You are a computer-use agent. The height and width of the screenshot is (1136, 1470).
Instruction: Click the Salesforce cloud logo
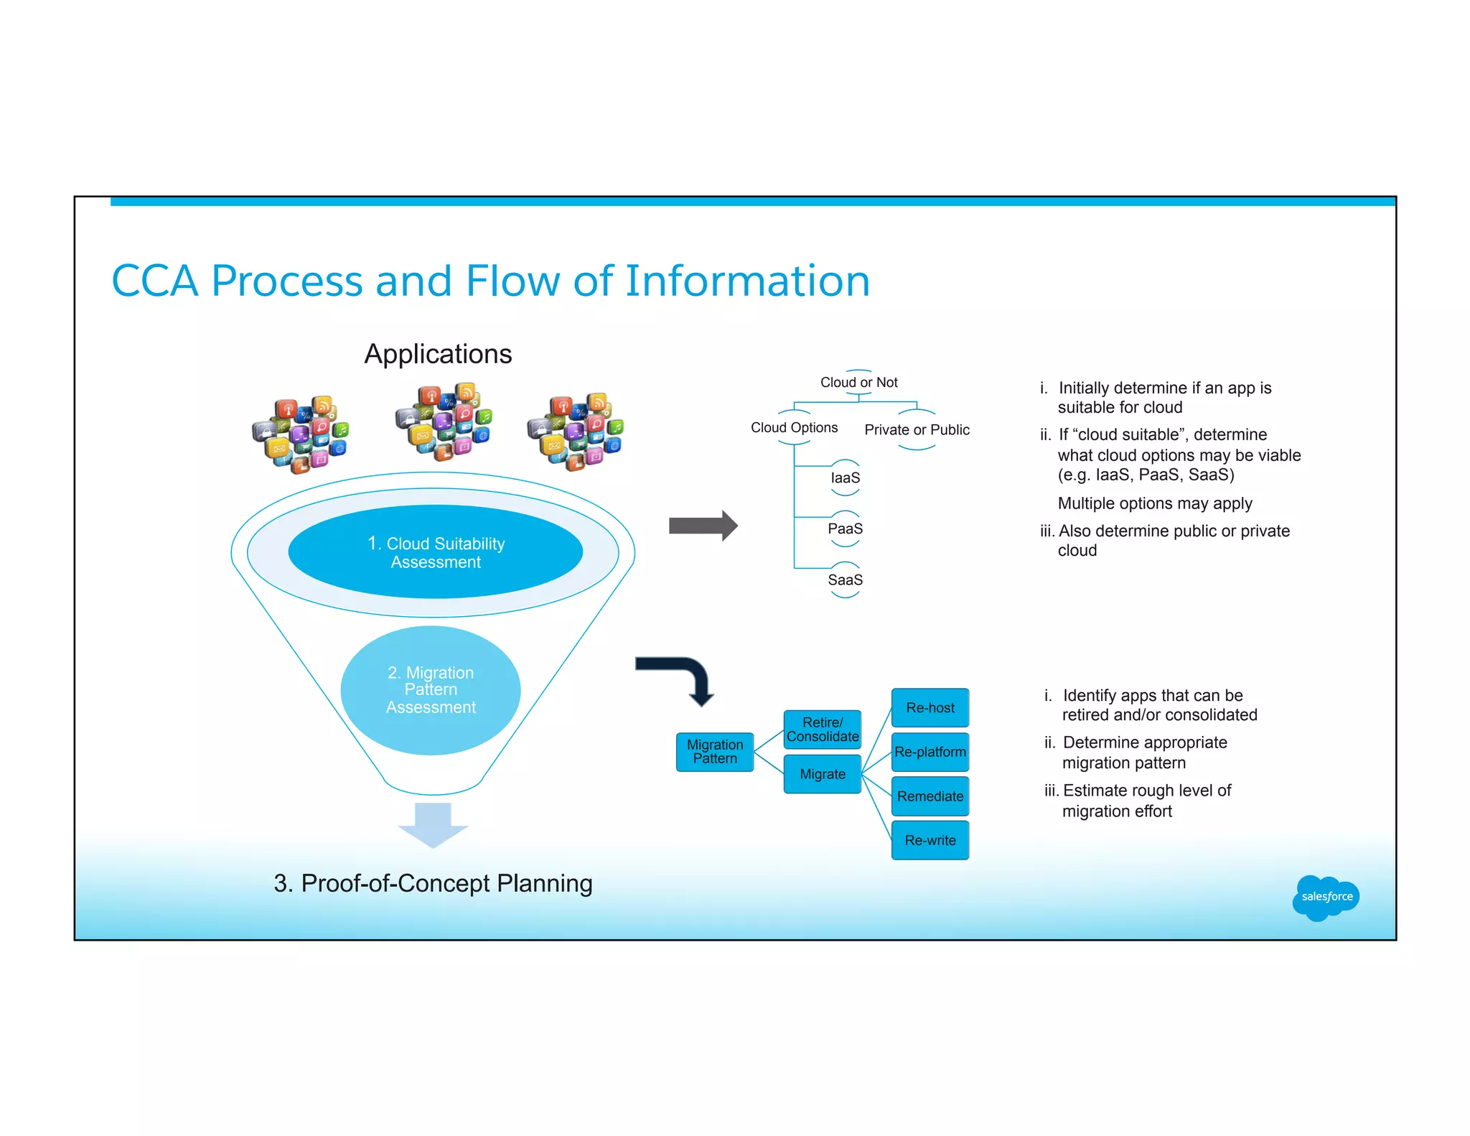point(1325,897)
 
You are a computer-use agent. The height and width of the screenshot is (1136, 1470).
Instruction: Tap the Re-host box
point(930,708)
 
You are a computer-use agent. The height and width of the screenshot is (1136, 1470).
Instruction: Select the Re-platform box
point(930,752)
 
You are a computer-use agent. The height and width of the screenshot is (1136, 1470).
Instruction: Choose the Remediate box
point(930,796)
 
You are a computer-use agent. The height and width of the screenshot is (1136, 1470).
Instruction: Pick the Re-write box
point(930,840)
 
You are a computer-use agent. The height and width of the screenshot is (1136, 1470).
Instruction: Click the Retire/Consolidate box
point(822,730)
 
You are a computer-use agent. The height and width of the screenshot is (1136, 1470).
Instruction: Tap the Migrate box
point(822,774)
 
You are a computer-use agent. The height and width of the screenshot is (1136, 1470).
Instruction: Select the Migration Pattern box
point(714,752)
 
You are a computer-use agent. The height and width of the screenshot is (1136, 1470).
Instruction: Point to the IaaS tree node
point(845,478)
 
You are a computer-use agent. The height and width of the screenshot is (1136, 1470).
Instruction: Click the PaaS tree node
point(845,529)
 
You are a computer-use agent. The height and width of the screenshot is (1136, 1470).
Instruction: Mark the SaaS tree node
point(845,580)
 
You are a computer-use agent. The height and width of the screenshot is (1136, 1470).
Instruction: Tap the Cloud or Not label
point(858,383)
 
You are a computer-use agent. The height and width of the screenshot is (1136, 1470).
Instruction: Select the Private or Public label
point(917,430)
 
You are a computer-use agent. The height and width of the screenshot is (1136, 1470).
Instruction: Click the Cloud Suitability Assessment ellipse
point(435,552)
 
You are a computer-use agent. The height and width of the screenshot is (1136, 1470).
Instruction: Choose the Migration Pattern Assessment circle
point(431,690)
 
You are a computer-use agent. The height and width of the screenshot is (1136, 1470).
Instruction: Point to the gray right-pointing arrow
point(702,526)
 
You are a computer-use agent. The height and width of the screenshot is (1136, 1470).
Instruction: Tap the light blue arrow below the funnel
point(433,824)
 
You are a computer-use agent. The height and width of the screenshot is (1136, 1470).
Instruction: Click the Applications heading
point(438,354)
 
